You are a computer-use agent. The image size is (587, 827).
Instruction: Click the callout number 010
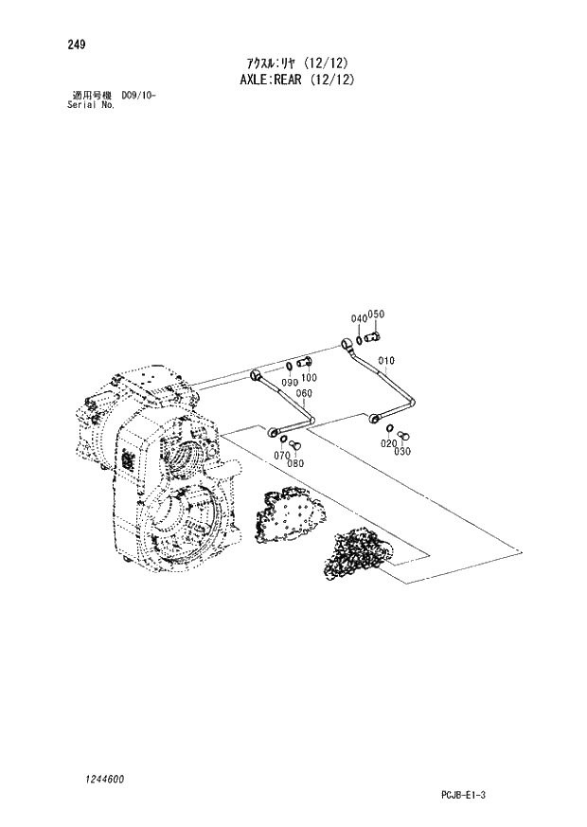pyautogui.click(x=385, y=361)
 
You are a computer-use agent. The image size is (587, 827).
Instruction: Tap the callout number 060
pyautogui.click(x=303, y=394)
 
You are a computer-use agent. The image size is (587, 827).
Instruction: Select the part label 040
pyautogui.click(x=358, y=317)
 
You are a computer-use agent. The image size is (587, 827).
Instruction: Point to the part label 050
pyautogui.click(x=376, y=315)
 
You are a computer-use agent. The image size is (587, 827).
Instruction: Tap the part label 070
pyautogui.click(x=281, y=456)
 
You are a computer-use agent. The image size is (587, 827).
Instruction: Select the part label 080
pyautogui.click(x=295, y=463)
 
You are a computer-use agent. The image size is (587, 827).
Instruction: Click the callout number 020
pyautogui.click(x=388, y=444)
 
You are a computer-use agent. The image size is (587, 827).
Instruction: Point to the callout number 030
pyautogui.click(x=402, y=451)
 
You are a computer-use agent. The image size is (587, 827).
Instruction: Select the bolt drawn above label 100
pyautogui.click(x=304, y=363)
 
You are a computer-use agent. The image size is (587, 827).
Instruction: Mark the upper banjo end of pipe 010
pyautogui.click(x=347, y=345)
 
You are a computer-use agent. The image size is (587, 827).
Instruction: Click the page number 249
pyautogui.click(x=77, y=44)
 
